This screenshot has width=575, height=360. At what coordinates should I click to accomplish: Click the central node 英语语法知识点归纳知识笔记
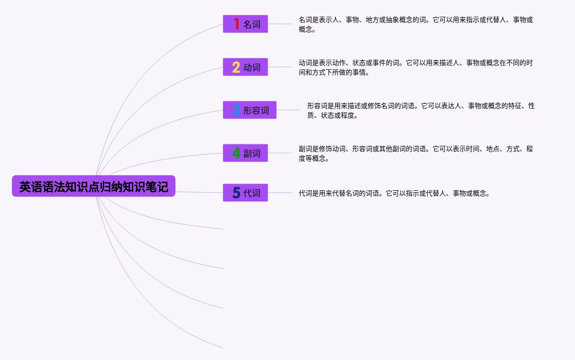coord(94,186)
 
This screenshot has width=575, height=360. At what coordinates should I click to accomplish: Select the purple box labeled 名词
coord(245,24)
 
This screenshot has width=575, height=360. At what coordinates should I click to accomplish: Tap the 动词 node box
coord(245,67)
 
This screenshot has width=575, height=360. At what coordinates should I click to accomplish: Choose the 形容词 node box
coord(250,110)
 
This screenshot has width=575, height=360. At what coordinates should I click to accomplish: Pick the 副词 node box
coord(245,153)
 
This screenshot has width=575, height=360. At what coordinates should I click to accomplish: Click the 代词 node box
coord(245,193)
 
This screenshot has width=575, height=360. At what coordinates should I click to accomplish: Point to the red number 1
coord(237,24)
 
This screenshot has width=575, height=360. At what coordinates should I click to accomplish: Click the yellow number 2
coord(236,67)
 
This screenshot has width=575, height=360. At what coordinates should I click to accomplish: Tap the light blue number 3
coord(236,110)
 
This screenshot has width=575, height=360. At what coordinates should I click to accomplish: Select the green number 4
coord(236,153)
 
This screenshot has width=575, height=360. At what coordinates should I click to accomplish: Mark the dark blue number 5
coord(236,193)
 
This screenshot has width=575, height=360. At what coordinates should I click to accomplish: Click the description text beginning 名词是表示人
coord(415,24)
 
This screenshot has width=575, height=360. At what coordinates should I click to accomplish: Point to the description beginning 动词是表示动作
coord(415,67)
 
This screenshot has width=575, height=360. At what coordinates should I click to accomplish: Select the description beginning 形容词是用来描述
coord(421,110)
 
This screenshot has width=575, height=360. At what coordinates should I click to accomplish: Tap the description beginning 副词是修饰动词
coord(415,153)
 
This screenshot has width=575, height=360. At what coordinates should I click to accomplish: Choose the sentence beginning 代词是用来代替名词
coord(394,193)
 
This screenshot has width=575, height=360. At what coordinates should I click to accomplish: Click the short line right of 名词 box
coord(280,24)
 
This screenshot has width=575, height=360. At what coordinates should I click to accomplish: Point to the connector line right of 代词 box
coord(280,193)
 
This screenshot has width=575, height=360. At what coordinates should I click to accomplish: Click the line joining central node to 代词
coord(199,192)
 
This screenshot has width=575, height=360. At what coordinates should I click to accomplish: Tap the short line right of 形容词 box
coord(289,110)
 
